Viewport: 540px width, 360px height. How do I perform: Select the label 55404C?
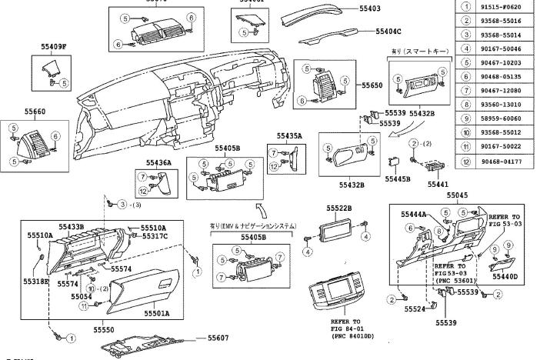[x=388, y=32]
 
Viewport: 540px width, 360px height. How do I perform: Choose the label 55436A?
[x=158, y=162]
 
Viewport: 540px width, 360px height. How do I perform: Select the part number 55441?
[x=438, y=185]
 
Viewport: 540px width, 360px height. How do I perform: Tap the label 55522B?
[x=338, y=208]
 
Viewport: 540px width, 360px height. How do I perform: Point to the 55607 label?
[x=218, y=338]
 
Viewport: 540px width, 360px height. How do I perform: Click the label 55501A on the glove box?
[x=157, y=313]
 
